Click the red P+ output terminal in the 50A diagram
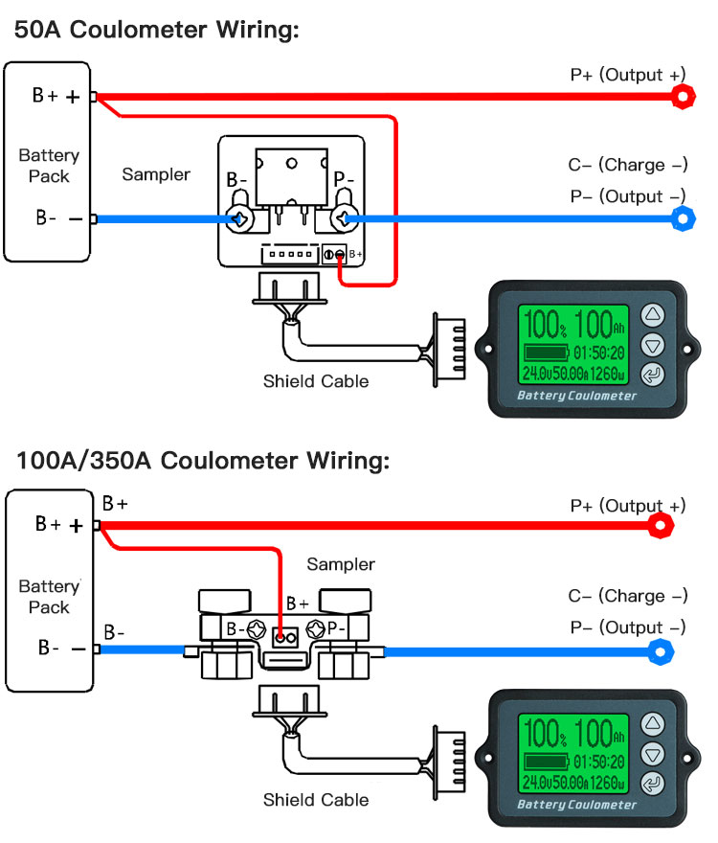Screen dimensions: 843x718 coord(683,96)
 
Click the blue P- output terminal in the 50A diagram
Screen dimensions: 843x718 coord(683,219)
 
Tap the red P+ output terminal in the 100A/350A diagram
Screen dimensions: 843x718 coord(661,525)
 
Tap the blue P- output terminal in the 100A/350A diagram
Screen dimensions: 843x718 coord(661,653)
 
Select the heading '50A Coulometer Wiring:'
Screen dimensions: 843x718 coord(157,30)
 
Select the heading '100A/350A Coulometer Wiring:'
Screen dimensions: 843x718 coord(202,460)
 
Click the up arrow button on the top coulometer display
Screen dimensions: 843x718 coord(652,315)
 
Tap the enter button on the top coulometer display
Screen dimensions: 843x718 coord(652,375)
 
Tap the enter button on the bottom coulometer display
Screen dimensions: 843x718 coord(652,784)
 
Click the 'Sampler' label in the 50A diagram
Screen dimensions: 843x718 coord(156,174)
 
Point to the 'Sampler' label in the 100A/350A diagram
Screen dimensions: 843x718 coord(341,564)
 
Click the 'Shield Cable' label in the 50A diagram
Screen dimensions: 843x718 coord(316,381)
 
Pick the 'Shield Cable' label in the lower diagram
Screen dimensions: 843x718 coord(316,799)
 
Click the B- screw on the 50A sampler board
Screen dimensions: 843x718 coord(239,219)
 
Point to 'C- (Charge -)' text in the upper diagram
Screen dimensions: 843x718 coord(628,165)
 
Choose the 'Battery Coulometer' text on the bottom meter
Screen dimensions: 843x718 coord(576,805)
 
